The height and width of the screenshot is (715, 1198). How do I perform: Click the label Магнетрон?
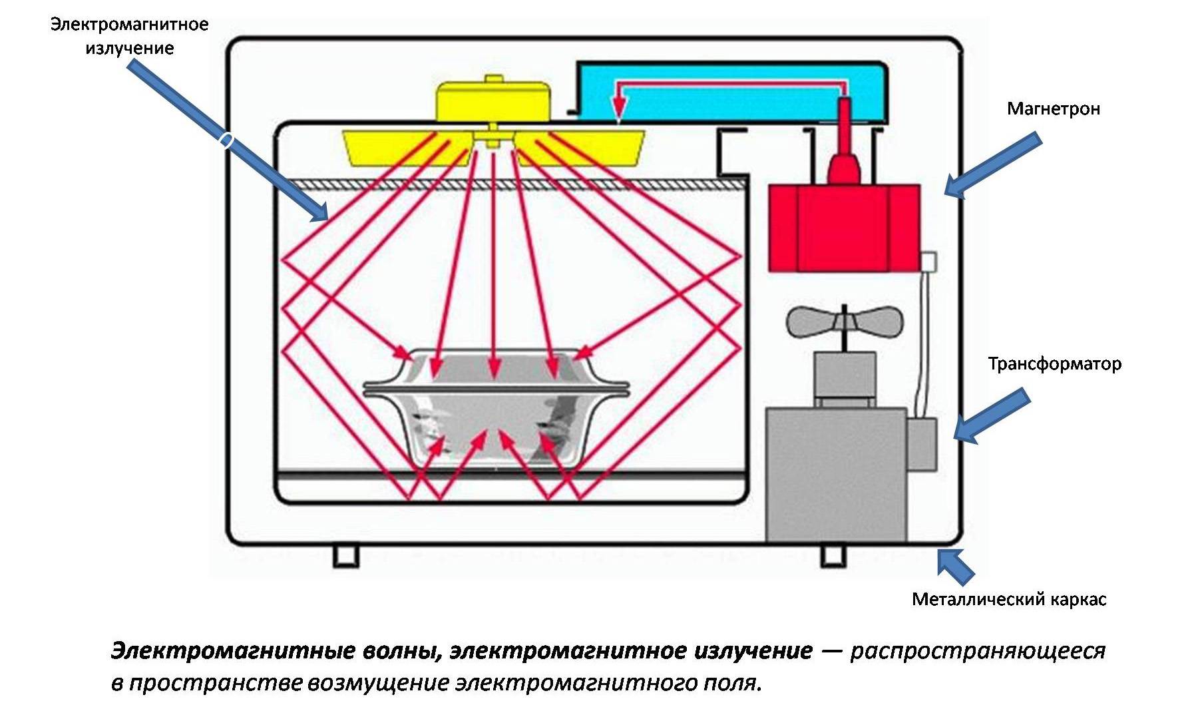1053,109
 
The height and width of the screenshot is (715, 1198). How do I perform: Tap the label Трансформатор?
1054,363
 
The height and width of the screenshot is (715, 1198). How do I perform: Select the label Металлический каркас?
1008,599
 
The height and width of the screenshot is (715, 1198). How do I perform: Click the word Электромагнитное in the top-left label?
130,25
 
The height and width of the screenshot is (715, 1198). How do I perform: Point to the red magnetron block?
844,228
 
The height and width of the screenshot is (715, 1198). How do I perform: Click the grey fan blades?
845,322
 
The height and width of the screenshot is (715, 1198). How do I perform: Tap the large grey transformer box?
835,474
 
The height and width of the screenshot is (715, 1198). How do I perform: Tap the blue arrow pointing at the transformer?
992,416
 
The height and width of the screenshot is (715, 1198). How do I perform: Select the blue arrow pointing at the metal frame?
955,566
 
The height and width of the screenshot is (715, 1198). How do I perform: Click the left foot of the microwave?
345,556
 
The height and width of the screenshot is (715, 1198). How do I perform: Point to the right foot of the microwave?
833,556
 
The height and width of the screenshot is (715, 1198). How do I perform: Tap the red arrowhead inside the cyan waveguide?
620,107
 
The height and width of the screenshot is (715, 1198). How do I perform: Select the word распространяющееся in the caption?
977,650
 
